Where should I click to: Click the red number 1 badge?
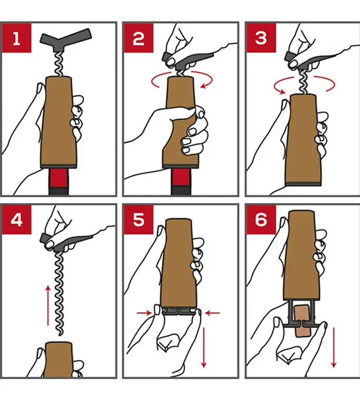click(17, 38)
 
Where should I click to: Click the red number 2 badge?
click(138, 38)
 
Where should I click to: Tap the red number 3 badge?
click(261, 38)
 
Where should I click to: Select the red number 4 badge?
click(17, 220)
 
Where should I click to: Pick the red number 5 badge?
click(138, 220)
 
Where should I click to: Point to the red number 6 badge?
click(261, 220)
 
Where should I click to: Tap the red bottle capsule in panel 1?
click(58, 178)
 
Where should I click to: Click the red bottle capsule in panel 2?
click(181, 178)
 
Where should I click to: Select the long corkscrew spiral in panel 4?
click(59, 293)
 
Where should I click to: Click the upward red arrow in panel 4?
click(48, 306)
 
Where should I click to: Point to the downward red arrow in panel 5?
click(204, 347)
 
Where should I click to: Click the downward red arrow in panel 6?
click(334, 347)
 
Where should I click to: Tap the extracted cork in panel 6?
click(304, 321)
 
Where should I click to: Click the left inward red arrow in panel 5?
click(144, 313)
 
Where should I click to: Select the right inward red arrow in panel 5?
click(212, 313)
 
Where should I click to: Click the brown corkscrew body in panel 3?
click(303, 140)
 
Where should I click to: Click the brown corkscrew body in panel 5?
click(178, 262)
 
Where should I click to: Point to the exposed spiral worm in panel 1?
click(60, 64)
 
